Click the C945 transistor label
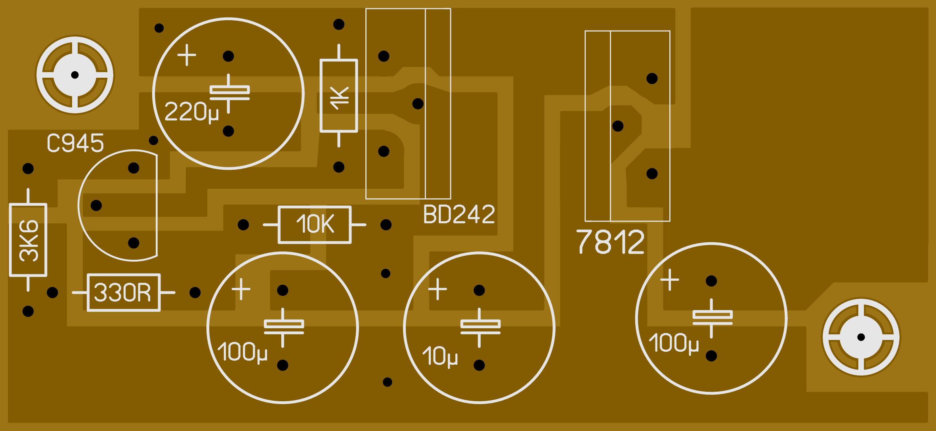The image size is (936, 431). [75, 143]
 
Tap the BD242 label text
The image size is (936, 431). [459, 215]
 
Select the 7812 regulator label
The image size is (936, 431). [610, 241]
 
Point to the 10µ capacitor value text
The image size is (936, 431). [440, 356]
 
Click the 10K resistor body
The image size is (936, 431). [315, 225]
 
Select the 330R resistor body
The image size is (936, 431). [124, 293]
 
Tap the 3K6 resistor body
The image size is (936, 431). [28, 240]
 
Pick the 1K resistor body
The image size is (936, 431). [339, 96]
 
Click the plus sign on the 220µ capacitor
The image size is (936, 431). [187, 55]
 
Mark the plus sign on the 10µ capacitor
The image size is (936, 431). [437, 289]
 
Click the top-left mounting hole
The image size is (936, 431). [75, 75]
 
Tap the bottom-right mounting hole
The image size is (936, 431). [861, 337]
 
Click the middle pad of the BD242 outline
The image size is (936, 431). [418, 104]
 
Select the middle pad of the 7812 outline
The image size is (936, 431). [618, 126]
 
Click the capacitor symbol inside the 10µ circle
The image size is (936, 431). [480, 328]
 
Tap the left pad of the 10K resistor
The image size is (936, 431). [243, 225]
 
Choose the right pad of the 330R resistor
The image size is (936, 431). [195, 293]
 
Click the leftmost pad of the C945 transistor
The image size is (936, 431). [96, 205]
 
